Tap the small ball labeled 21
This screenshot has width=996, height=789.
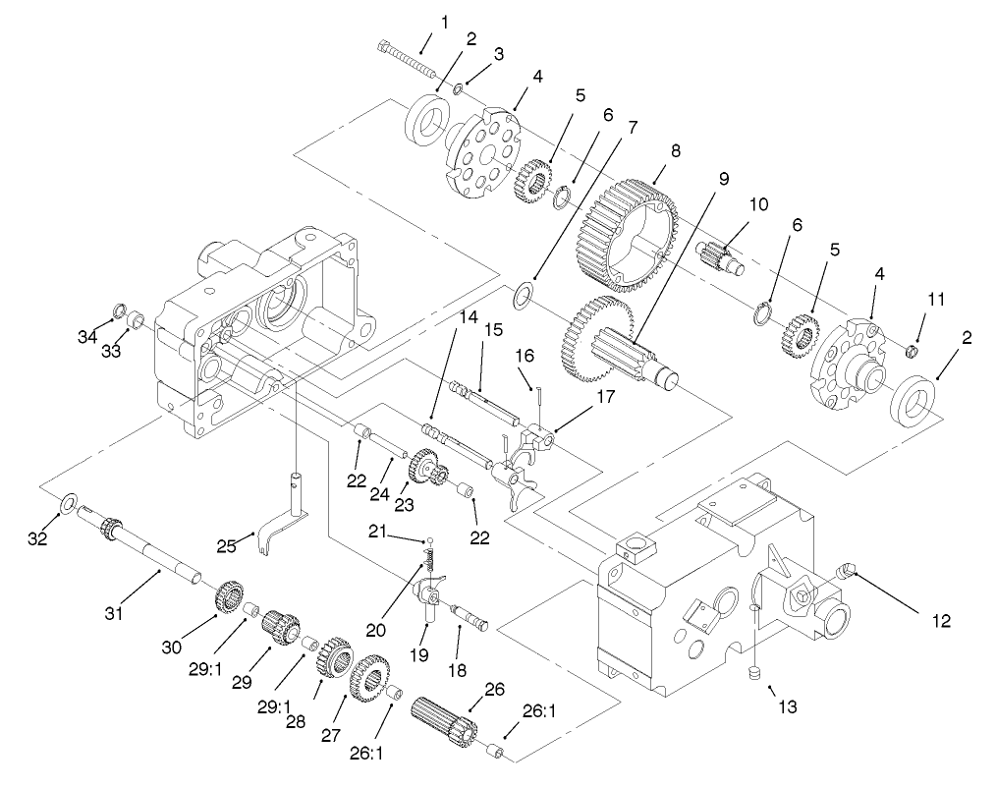(x=429, y=540)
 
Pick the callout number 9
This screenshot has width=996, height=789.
(x=724, y=179)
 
